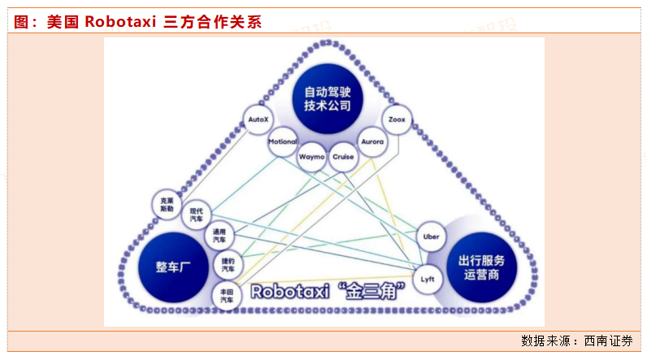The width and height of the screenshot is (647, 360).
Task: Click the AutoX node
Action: point(258,120)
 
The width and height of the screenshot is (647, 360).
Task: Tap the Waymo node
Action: point(312,155)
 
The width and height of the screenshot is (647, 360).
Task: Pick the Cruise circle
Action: point(343,155)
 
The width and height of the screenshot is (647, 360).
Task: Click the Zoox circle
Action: point(397,120)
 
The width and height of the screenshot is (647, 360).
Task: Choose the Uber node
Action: point(432,236)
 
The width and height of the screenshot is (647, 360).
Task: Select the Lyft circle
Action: point(428,279)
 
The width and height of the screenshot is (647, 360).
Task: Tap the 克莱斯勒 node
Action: point(167,203)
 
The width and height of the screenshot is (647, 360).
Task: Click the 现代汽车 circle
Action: point(197,215)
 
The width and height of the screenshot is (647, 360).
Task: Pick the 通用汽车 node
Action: point(219,236)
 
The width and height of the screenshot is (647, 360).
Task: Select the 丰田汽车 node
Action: point(225,294)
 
